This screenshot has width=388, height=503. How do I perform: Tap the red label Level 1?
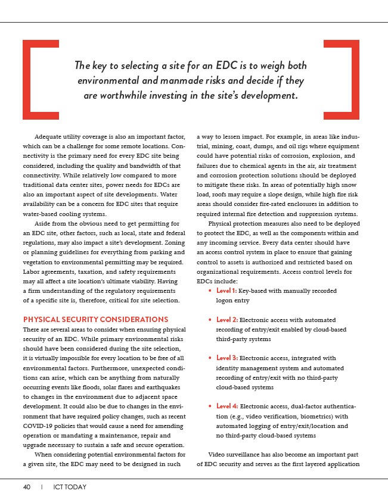(x=226, y=291)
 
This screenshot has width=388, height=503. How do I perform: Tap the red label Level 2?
(x=226, y=320)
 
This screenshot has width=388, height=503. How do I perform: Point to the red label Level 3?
(x=226, y=358)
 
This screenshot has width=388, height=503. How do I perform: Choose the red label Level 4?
(x=226, y=407)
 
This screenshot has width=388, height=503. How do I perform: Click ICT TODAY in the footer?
(x=68, y=487)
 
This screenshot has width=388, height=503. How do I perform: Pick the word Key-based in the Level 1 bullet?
(x=251, y=291)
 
